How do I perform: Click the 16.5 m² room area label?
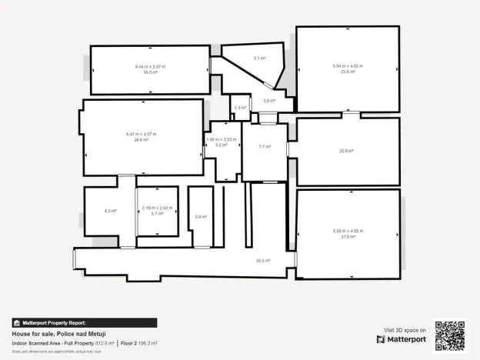click(150, 72)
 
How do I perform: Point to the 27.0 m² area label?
click(348, 237)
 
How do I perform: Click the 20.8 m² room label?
click(347, 151)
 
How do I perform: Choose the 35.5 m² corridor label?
click(263, 261)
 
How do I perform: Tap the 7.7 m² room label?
click(264, 146)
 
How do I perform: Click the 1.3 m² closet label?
click(240, 108)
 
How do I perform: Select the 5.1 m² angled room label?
click(260, 58)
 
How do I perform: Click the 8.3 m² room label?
click(110, 210)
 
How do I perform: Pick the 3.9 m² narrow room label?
click(200, 217)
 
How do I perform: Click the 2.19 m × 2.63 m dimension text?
click(158, 208)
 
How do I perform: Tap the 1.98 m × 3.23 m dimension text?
click(221, 139)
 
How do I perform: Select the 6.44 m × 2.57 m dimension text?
click(150, 67)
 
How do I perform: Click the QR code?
click(450, 335)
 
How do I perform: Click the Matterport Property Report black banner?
click(84, 323)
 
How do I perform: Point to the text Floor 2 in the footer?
click(128, 343)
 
